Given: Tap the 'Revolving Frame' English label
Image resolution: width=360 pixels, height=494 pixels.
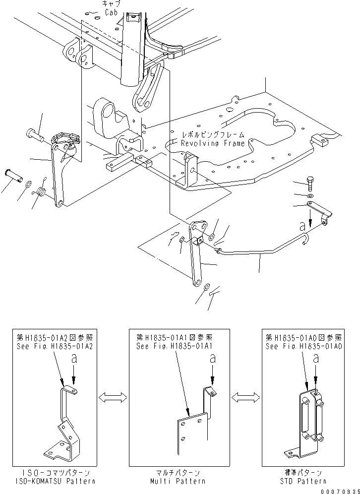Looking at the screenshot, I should tap(213, 143).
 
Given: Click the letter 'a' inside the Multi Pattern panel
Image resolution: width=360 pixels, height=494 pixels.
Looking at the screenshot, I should tap(213, 357).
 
